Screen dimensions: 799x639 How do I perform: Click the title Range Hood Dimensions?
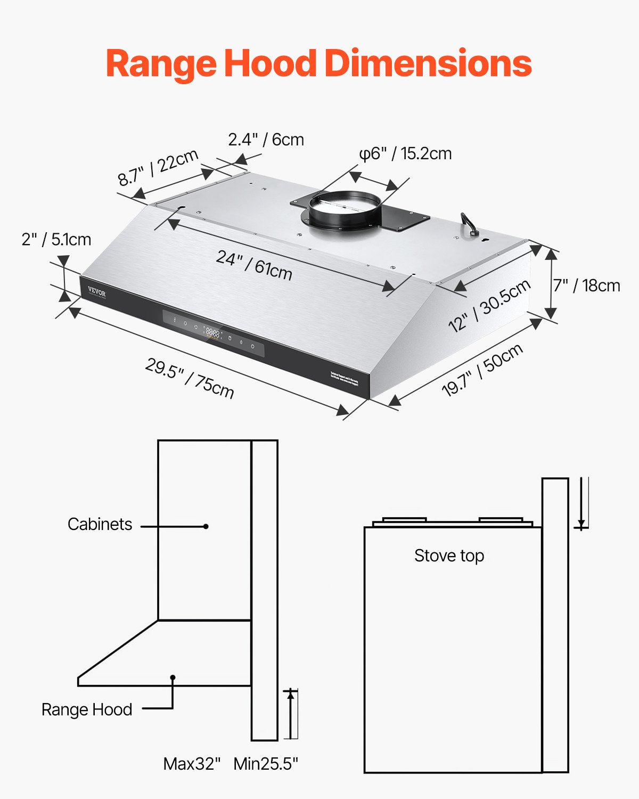[x=318, y=63]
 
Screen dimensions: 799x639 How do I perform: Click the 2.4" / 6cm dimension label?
[x=266, y=140]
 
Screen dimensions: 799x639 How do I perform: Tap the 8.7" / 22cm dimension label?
[x=158, y=168]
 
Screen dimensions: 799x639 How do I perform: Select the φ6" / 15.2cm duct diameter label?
[x=405, y=153]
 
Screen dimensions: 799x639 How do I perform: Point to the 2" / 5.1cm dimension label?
[x=56, y=240]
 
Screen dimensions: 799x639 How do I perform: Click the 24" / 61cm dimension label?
[x=254, y=265]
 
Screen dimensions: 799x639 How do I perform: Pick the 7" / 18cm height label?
[x=586, y=286]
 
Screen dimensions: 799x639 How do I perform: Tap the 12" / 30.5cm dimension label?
[x=489, y=305]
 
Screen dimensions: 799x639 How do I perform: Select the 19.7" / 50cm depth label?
[x=482, y=370]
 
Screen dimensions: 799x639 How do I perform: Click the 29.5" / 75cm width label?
[x=190, y=378]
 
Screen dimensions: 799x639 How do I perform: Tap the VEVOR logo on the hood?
[x=97, y=293]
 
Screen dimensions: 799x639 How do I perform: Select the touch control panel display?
[x=213, y=334]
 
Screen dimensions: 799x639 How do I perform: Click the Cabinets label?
[x=100, y=524]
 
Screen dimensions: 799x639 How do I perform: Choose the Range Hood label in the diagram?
[x=87, y=710]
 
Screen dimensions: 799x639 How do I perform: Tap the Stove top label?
[x=449, y=556]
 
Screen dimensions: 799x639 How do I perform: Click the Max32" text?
[x=192, y=764]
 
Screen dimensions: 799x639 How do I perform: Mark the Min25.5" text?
[x=266, y=764]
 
